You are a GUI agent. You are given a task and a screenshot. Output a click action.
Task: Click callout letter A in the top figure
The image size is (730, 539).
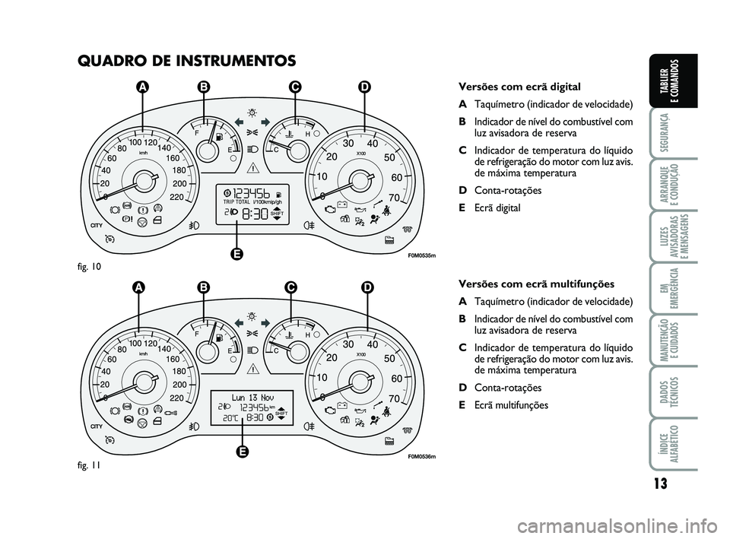[141, 89]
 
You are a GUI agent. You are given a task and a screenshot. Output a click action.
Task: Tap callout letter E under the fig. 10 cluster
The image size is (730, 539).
[238, 254]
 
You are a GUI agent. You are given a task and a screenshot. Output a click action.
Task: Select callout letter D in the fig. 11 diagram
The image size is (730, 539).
[368, 287]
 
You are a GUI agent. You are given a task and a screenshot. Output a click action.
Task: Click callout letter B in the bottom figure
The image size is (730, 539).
[204, 287]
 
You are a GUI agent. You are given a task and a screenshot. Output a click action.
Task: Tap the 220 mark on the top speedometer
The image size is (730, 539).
[178, 197]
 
